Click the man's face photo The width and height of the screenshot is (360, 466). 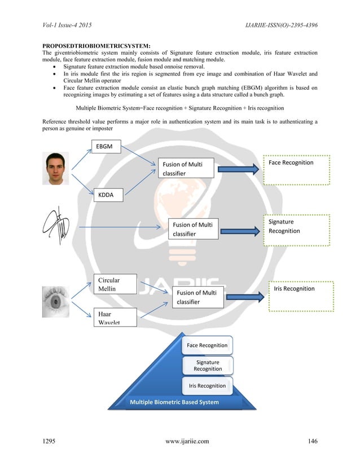55,168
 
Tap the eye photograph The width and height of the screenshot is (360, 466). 56,302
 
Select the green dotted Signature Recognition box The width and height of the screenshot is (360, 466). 297,230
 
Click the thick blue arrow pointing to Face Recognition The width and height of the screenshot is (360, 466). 240,169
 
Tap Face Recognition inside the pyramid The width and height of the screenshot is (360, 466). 207,345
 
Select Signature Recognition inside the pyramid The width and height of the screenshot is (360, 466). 208,366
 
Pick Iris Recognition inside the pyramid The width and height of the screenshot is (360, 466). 207,386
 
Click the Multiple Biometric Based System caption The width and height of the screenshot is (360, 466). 174,402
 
